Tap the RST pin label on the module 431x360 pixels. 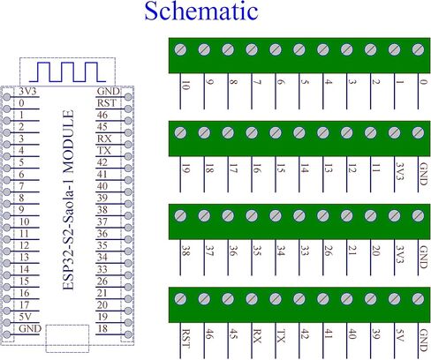coord(104,102)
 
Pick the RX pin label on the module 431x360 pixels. coord(104,139)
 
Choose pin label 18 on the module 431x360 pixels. coord(104,327)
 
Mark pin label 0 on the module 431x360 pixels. coord(20,102)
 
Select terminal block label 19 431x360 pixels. coord(183,168)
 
